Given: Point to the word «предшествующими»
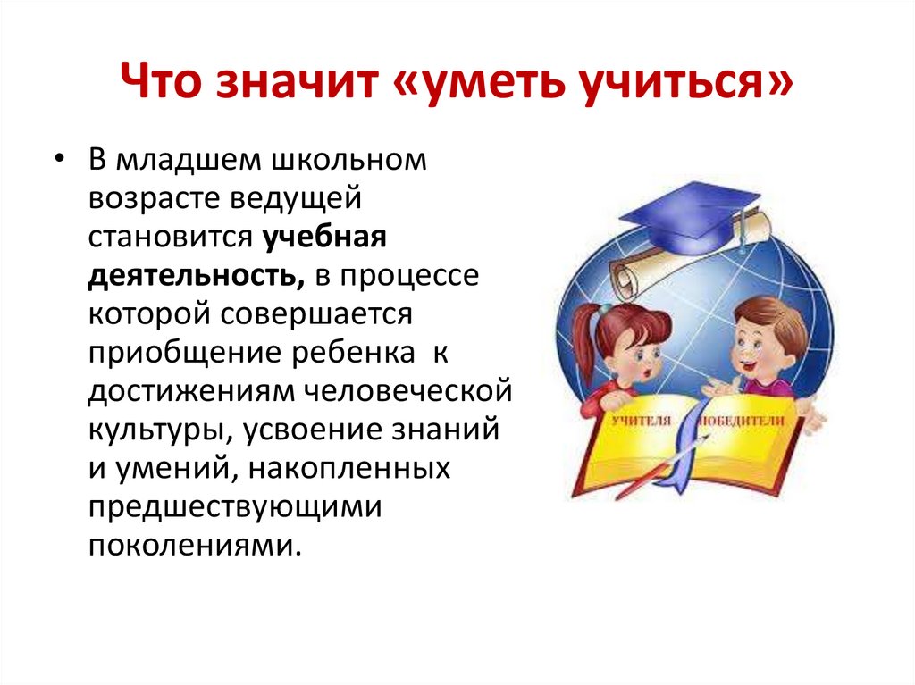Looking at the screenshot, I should coord(236,506).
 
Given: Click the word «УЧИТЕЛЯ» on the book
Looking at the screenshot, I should coord(642,419).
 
